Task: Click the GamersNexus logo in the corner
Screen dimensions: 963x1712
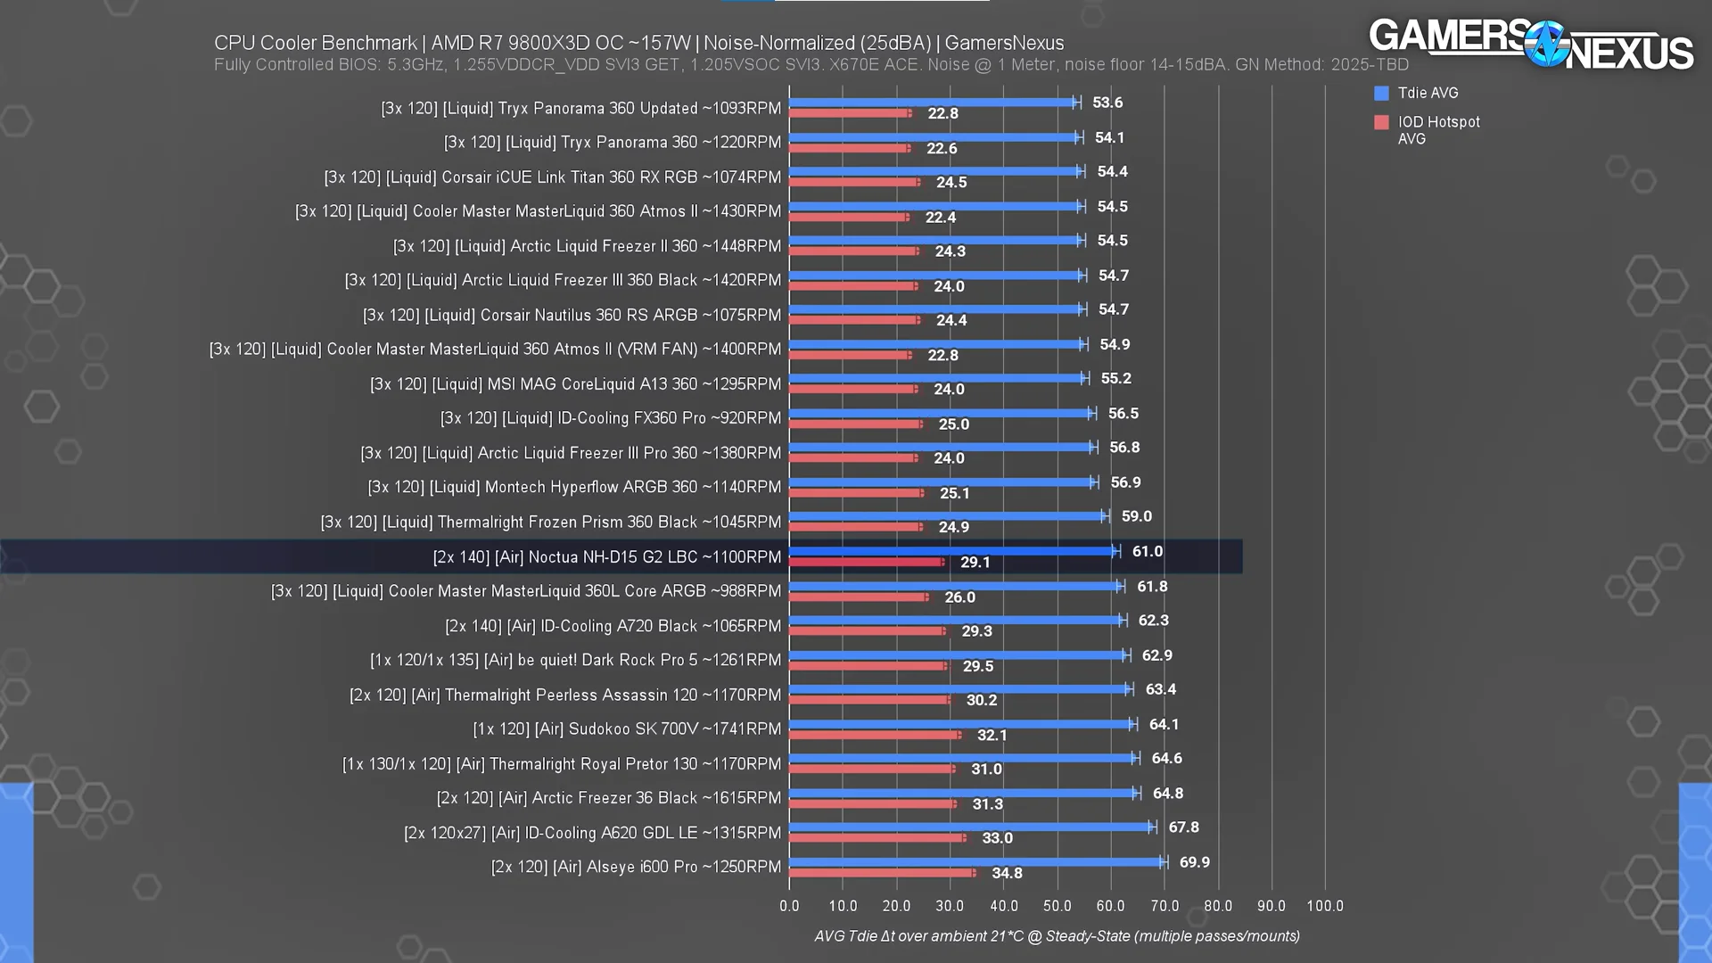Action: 1530,45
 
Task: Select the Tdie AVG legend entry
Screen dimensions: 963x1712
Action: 1427,93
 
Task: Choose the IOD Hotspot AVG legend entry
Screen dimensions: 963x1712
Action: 1437,129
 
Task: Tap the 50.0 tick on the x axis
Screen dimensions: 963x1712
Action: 1057,906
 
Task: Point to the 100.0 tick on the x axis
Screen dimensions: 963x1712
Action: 1324,906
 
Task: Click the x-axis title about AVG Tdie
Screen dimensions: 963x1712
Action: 1057,936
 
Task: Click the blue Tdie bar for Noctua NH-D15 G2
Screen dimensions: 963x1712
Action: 952,551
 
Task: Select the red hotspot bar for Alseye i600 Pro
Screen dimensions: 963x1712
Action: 882,873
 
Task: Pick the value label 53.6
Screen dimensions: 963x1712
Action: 1107,103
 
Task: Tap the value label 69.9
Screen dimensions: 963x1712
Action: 1194,862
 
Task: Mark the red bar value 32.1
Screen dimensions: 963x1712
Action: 992,736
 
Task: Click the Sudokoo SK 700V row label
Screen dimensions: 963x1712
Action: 627,729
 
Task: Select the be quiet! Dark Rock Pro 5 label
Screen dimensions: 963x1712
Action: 575,661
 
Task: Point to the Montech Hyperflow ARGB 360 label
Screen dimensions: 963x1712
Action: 574,487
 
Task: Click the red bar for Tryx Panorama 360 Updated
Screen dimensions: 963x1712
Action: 850,113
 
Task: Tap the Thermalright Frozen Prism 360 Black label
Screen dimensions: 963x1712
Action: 550,522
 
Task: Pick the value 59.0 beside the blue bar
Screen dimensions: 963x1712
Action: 1136,516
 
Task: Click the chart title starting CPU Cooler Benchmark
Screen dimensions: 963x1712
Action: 638,43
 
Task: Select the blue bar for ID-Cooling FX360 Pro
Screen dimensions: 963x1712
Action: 941,413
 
